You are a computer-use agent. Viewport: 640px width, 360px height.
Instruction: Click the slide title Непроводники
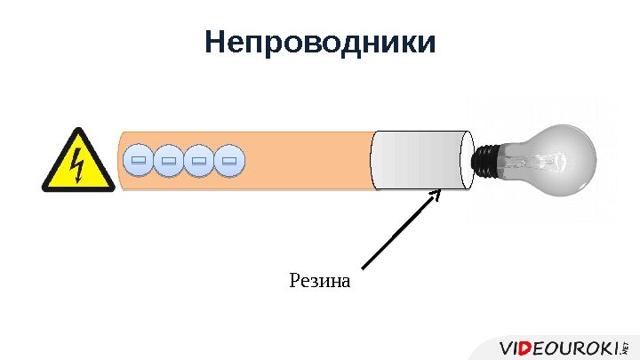320,42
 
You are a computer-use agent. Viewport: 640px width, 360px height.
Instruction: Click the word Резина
320,283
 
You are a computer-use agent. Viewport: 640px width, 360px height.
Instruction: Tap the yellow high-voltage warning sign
78,161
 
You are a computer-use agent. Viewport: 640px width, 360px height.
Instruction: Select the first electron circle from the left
138,161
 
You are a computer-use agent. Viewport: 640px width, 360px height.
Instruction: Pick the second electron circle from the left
169,161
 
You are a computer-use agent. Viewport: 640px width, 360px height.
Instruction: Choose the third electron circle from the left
200,161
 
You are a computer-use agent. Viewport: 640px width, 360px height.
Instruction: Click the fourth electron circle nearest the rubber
230,161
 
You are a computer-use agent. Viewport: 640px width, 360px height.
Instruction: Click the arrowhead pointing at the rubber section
435,193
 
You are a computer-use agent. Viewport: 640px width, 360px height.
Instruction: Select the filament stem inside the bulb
524,160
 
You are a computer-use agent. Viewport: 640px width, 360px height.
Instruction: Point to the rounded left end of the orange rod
122,160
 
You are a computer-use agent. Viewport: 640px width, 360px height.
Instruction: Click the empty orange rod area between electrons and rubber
307,160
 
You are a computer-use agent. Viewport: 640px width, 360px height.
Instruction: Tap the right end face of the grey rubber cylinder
467,160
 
